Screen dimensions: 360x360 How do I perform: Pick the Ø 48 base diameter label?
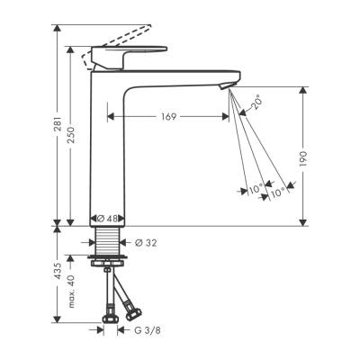pyautogui.click(x=110, y=218)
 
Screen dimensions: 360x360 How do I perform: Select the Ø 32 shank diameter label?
pyautogui.click(x=146, y=241)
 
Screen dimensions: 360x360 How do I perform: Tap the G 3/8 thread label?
pyautogui.click(x=147, y=330)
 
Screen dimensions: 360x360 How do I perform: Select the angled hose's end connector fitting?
pyautogui.click(x=133, y=312)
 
